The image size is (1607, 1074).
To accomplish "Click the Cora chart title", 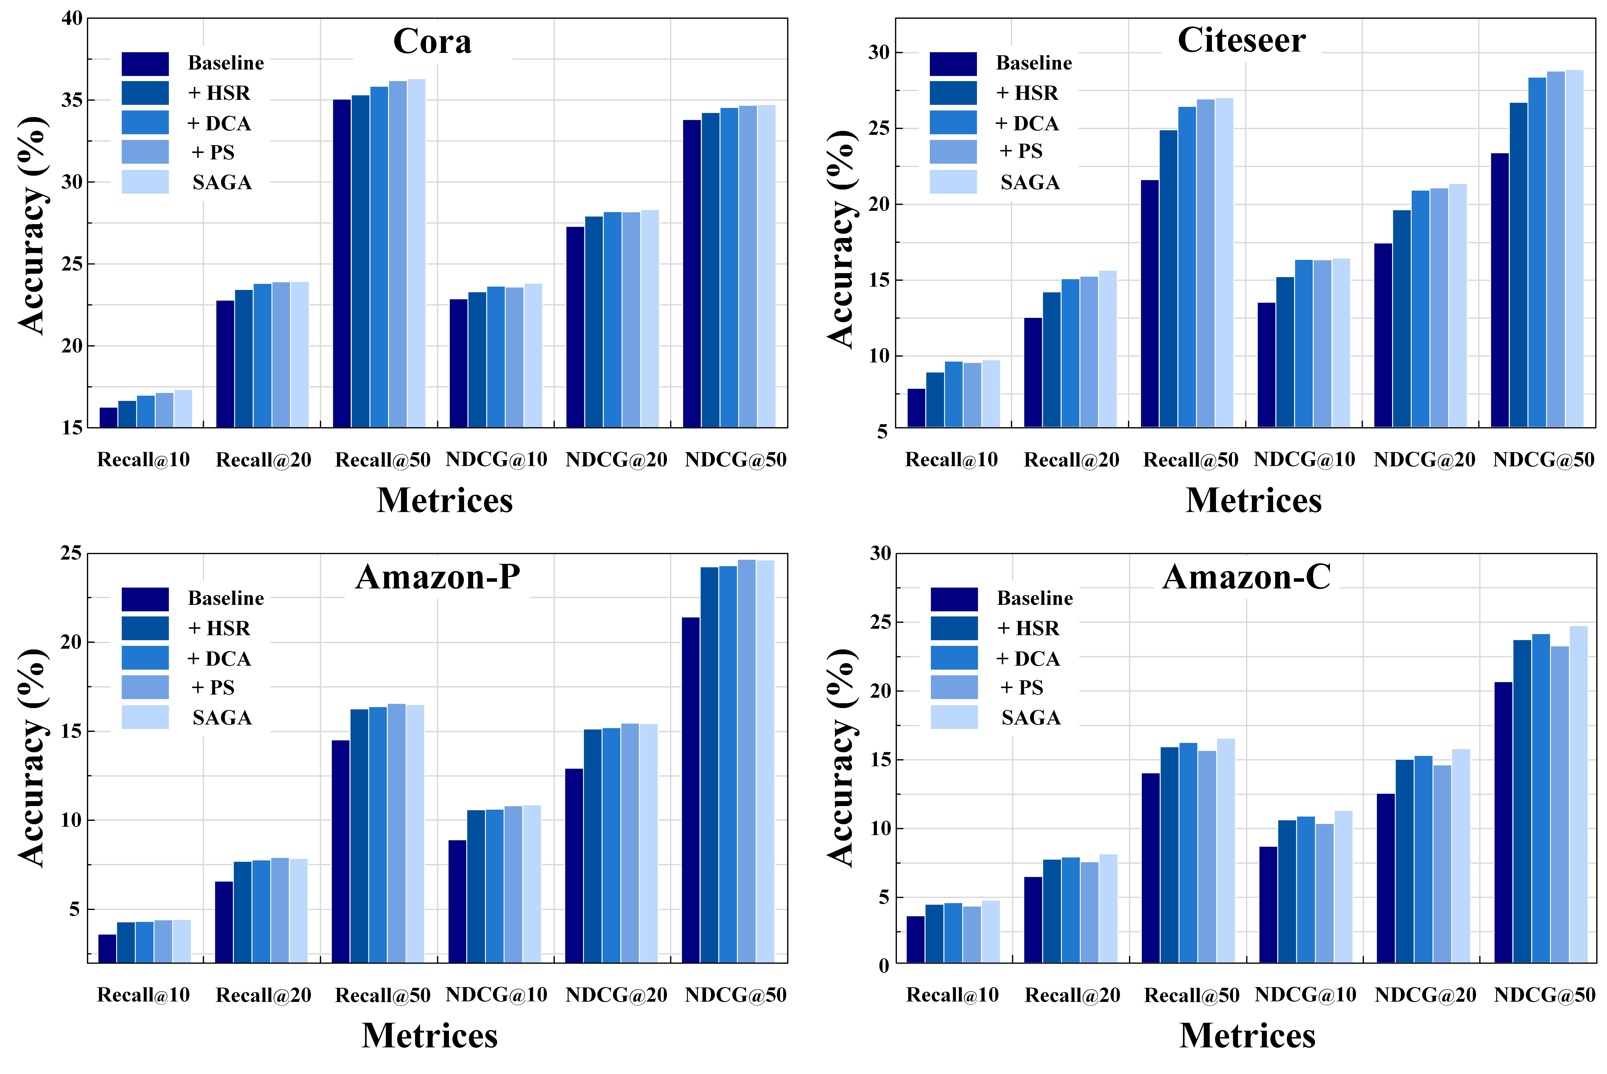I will click(432, 42).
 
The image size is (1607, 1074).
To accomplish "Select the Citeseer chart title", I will click(1241, 40).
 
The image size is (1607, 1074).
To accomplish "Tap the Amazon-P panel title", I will click(438, 577).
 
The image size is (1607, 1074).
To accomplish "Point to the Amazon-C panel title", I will click(1247, 577).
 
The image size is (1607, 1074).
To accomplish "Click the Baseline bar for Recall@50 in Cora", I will click(342, 264).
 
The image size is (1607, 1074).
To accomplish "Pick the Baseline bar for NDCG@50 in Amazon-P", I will click(690, 790).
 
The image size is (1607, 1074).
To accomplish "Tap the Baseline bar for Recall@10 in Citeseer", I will click(916, 408).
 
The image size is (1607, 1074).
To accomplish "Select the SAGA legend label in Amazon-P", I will click(222, 718).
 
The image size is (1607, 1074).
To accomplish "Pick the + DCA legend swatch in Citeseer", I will click(953, 123).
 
